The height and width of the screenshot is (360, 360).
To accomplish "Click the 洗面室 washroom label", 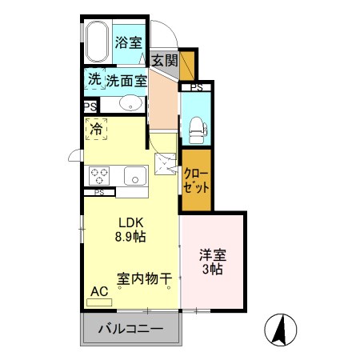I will [127, 80].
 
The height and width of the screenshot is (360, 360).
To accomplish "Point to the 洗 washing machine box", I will [94, 79].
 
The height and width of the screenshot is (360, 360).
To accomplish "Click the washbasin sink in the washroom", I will [130, 103].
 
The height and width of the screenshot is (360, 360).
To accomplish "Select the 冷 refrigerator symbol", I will [97, 128].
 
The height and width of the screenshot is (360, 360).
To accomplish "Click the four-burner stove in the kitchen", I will [100, 174].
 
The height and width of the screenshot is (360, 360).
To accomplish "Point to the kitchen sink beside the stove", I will [132, 174].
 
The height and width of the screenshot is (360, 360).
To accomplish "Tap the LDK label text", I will [132, 222].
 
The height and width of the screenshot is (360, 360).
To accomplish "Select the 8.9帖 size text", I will [132, 237].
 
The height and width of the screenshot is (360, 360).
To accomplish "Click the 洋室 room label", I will [212, 256].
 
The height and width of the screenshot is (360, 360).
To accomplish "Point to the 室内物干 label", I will [145, 279].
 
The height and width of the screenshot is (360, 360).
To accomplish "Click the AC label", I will [100, 293].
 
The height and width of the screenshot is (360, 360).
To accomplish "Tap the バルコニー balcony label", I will [130, 329].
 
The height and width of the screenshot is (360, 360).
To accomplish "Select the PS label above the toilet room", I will [196, 87].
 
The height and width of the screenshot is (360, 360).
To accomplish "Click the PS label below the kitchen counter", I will [99, 192].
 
